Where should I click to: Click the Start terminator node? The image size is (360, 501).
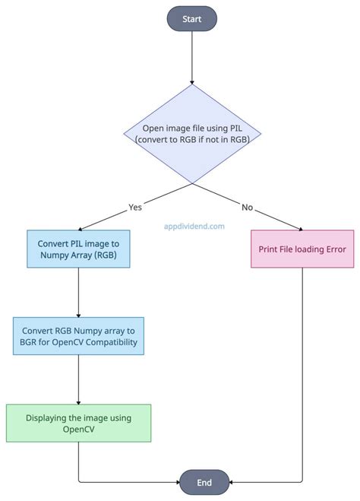point(192,19)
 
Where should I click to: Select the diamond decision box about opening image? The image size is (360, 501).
point(192,133)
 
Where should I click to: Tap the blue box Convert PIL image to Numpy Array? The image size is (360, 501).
point(78,249)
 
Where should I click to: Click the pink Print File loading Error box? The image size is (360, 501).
point(303,249)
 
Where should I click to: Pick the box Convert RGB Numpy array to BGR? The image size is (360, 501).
point(78,336)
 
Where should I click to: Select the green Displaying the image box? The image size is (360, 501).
point(78,423)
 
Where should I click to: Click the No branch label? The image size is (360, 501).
point(247,206)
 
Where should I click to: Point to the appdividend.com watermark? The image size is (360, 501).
point(194,226)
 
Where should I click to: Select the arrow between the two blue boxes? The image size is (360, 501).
point(78,293)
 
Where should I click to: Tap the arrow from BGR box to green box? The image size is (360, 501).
point(78,380)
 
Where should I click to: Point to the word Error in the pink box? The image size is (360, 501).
point(331,249)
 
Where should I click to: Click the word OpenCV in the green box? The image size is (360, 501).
point(78,430)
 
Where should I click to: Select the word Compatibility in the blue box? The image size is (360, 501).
point(112,343)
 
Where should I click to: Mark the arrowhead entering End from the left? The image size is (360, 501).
point(176,482)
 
